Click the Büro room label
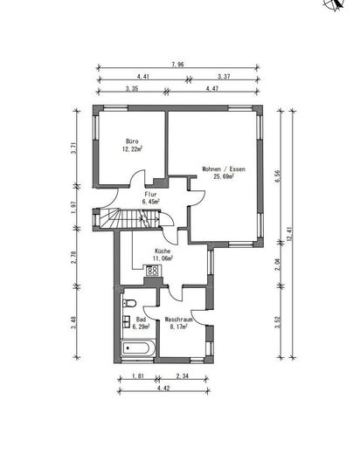(133, 141)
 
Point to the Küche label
(163, 251)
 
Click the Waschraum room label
(178, 320)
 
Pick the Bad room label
(141, 320)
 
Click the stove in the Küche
(153, 272)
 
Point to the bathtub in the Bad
(139, 347)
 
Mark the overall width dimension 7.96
(177, 64)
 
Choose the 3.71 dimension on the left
(76, 148)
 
